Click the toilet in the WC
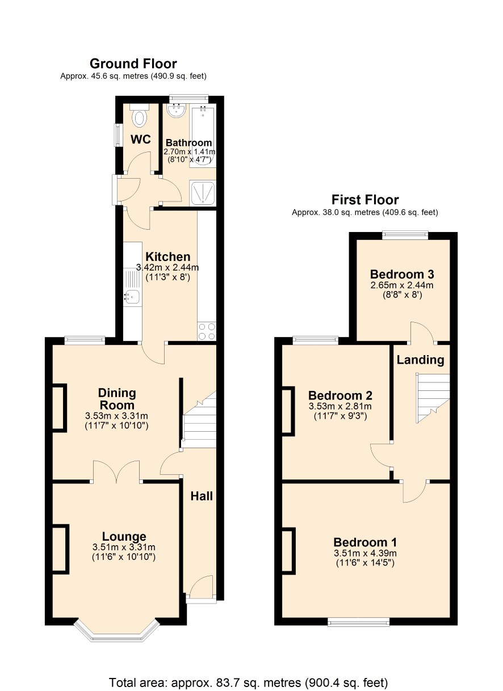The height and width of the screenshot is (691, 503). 139,115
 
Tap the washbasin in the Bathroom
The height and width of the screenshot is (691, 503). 176,111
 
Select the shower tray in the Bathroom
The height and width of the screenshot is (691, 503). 203,193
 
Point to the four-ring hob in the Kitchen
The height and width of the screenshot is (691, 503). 207,331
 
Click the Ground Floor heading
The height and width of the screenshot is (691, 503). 133,64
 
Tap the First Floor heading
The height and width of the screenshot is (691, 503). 365,200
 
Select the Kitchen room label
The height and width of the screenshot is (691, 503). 167,256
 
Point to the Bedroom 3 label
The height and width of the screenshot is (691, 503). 402,274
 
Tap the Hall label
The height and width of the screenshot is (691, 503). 202,496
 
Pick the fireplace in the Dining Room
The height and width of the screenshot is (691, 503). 59,408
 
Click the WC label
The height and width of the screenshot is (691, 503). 140,140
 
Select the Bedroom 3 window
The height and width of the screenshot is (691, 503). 405,235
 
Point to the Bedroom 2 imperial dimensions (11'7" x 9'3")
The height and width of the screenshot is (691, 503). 340,416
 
